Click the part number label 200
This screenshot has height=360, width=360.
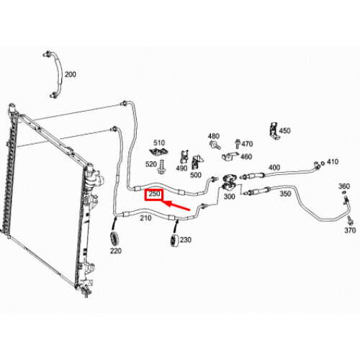pos(70,74)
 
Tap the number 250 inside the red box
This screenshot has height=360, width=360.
pos(154,194)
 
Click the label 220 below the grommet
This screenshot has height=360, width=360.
pos(116,251)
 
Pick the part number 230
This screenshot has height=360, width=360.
pos(186,240)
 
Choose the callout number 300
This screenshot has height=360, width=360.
pos(230,197)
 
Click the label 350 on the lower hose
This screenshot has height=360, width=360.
pos(284,194)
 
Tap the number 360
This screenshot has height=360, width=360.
pos(345,186)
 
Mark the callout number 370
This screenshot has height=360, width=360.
pos(350,230)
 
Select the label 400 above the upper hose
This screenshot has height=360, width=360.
pos(274,168)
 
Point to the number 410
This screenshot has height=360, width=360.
pos(332,162)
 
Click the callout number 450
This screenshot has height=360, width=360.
pos(284,131)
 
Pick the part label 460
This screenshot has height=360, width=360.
pos(246,157)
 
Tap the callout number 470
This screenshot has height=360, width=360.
pos(247,144)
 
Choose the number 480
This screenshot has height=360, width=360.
pos(213,136)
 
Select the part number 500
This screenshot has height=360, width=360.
pos(195,174)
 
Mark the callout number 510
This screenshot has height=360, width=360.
pos(158,143)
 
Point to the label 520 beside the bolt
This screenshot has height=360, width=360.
pos(151,164)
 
